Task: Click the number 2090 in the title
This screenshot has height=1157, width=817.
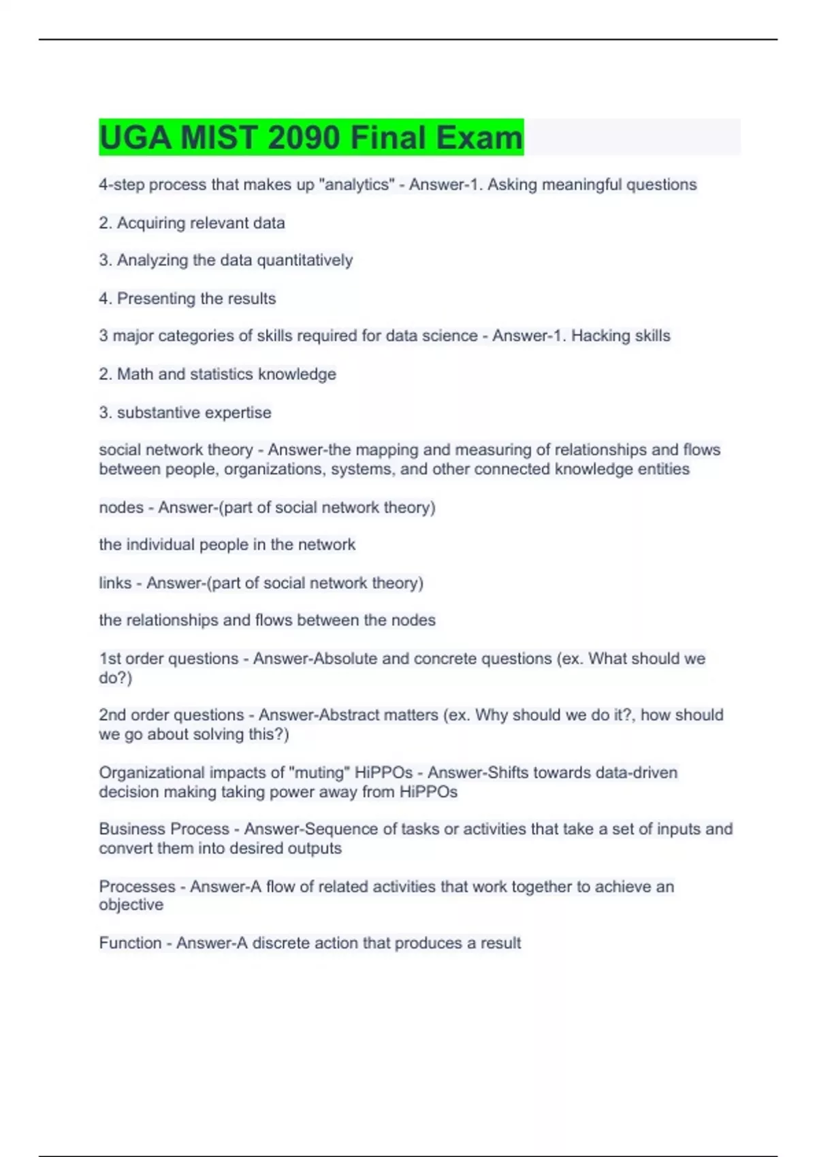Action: [304, 137]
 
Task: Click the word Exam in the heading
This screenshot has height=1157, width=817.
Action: [479, 137]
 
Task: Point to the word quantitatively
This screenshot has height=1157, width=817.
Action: [304, 260]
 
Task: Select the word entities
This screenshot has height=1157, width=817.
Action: [663, 469]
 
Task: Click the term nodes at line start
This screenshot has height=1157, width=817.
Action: [121, 507]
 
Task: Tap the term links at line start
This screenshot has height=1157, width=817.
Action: [115, 583]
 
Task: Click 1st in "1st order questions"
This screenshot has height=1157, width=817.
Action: [110, 658]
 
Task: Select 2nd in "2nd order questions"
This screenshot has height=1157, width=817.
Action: [112, 715]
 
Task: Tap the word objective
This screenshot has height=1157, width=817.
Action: [131, 905]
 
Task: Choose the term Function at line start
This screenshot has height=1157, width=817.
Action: [130, 943]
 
